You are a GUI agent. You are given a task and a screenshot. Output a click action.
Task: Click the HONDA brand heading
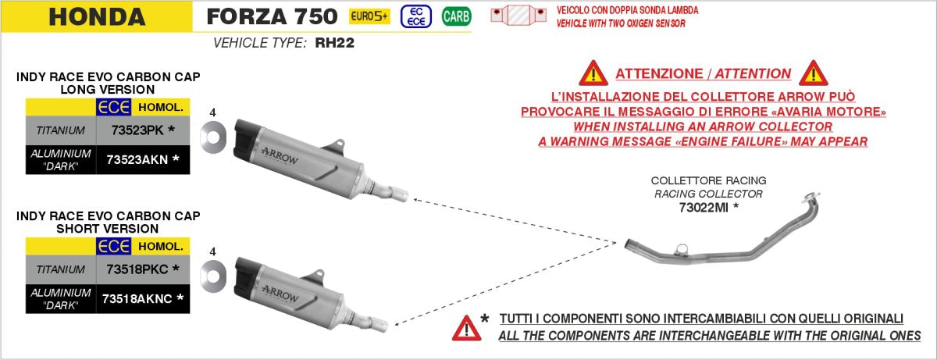pyautogui.click(x=97, y=16)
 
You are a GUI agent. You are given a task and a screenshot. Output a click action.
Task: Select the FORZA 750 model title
pyautogui.click(x=272, y=16)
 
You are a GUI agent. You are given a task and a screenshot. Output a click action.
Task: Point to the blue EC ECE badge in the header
pyautogui.click(x=415, y=16)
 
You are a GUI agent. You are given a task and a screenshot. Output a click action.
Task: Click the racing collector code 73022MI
pyautogui.click(x=708, y=208)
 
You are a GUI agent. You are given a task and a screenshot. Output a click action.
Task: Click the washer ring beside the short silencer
pyautogui.click(x=212, y=274)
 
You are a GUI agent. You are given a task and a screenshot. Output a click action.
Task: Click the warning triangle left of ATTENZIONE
pyautogui.click(x=593, y=73)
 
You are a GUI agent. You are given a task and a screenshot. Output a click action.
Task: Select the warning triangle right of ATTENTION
pyautogui.click(x=813, y=73)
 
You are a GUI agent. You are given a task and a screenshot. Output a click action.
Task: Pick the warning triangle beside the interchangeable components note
pyautogui.click(x=467, y=327)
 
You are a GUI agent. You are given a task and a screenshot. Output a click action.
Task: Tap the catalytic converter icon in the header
pyautogui.click(x=519, y=15)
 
